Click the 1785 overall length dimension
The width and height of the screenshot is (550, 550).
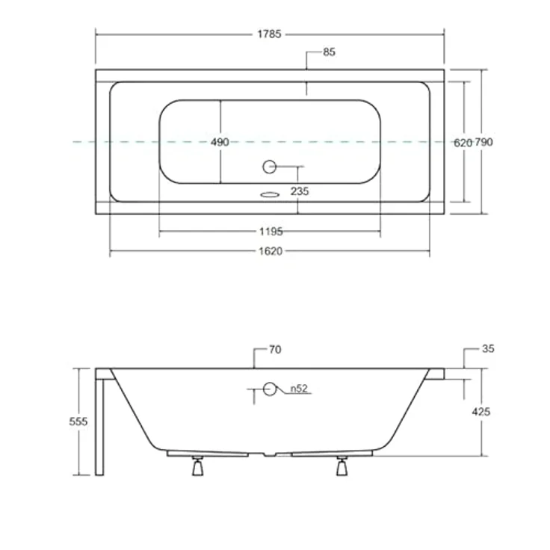point(269,34)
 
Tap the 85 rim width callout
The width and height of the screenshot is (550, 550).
point(329,52)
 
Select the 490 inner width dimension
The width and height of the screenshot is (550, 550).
point(220,142)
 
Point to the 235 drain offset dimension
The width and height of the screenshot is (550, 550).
point(300,191)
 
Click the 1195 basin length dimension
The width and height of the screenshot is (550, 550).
point(271,232)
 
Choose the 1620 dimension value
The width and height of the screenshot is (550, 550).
point(271,251)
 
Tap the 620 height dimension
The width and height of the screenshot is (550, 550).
point(463,143)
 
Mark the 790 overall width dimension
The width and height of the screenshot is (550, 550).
point(484,142)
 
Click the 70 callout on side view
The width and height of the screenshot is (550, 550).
point(275,350)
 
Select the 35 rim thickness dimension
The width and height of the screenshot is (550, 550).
point(488,349)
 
